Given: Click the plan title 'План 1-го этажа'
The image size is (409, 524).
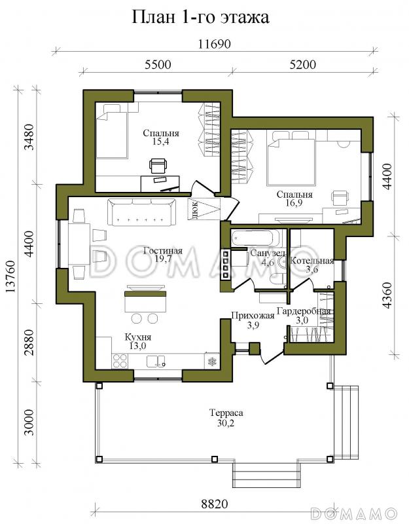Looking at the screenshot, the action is (x=201, y=17).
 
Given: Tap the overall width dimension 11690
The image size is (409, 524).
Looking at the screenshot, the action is (x=215, y=44).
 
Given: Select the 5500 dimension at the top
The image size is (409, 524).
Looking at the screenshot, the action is (x=158, y=64).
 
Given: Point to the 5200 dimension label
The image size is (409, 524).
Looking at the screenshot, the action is (x=302, y=64).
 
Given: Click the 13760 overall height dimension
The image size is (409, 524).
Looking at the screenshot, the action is (x=11, y=276).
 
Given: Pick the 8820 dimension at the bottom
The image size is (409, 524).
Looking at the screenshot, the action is (x=215, y=504).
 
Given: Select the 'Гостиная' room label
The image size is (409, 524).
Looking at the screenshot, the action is (x=163, y=251).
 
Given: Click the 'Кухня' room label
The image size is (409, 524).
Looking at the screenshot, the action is (x=138, y=337).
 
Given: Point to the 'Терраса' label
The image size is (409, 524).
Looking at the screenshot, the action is (x=226, y=413).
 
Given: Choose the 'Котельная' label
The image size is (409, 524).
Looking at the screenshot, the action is (x=312, y=261).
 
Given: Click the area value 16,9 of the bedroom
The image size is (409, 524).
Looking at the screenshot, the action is (x=294, y=202).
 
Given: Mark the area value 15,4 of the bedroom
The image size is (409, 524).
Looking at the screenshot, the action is (x=161, y=141).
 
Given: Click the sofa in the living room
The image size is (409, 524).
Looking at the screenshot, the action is (x=141, y=212).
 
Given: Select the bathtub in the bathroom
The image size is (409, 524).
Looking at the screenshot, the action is (x=256, y=238).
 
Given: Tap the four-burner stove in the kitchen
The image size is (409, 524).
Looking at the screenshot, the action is (x=120, y=361).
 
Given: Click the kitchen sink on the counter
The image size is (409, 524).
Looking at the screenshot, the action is (x=156, y=362).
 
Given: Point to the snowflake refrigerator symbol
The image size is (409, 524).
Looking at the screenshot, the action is (x=211, y=362).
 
